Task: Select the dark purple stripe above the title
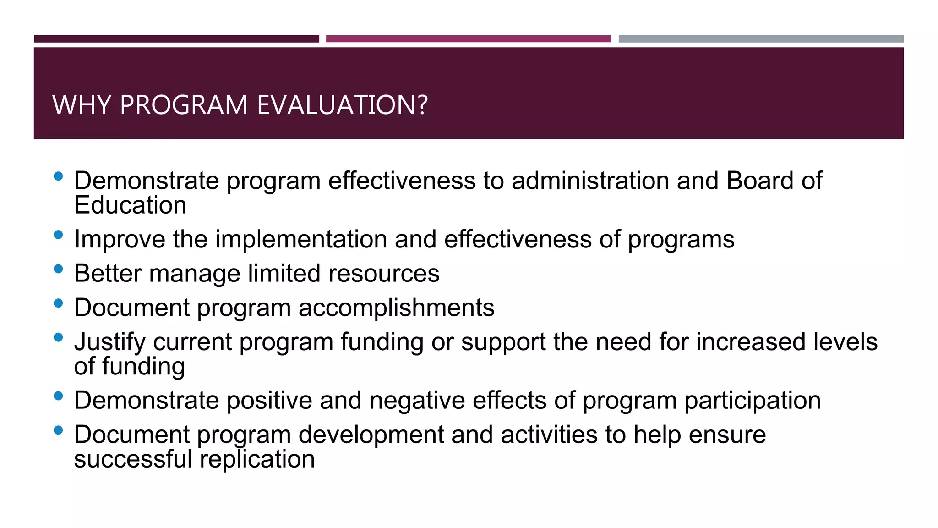[x=176, y=39]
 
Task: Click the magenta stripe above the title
[x=468, y=39]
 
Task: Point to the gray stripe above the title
[x=761, y=39]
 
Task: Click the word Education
[x=130, y=205]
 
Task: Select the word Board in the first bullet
[x=760, y=181]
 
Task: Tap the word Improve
[x=120, y=239]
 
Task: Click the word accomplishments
[x=397, y=308]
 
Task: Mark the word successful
[x=133, y=459]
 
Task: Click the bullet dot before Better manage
[x=58, y=269]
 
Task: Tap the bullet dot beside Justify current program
[x=58, y=338]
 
